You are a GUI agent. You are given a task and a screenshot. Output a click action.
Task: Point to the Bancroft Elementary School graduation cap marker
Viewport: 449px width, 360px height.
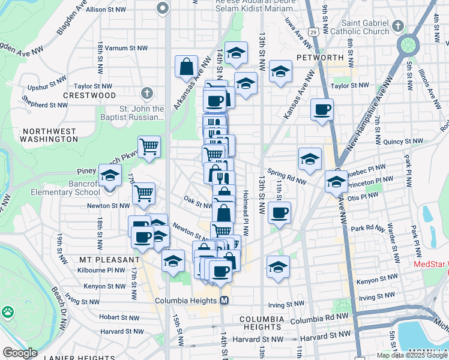(110, 176)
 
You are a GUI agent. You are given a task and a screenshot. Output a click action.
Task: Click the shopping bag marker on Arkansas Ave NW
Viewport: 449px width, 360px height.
(187, 67)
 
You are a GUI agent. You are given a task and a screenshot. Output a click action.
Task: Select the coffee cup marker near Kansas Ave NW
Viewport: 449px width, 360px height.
(322, 109)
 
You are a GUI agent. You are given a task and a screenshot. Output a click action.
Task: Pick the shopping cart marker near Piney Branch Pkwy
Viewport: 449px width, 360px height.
(149, 146)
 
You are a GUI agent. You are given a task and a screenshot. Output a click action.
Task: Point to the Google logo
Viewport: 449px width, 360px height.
(19, 353)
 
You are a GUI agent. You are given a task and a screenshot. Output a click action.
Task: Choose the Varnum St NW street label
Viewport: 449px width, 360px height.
(131, 47)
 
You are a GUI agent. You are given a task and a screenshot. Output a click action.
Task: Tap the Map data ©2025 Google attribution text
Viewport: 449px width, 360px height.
(412, 355)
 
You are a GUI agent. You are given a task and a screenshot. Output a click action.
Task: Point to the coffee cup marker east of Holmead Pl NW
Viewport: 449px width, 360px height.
(279, 212)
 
